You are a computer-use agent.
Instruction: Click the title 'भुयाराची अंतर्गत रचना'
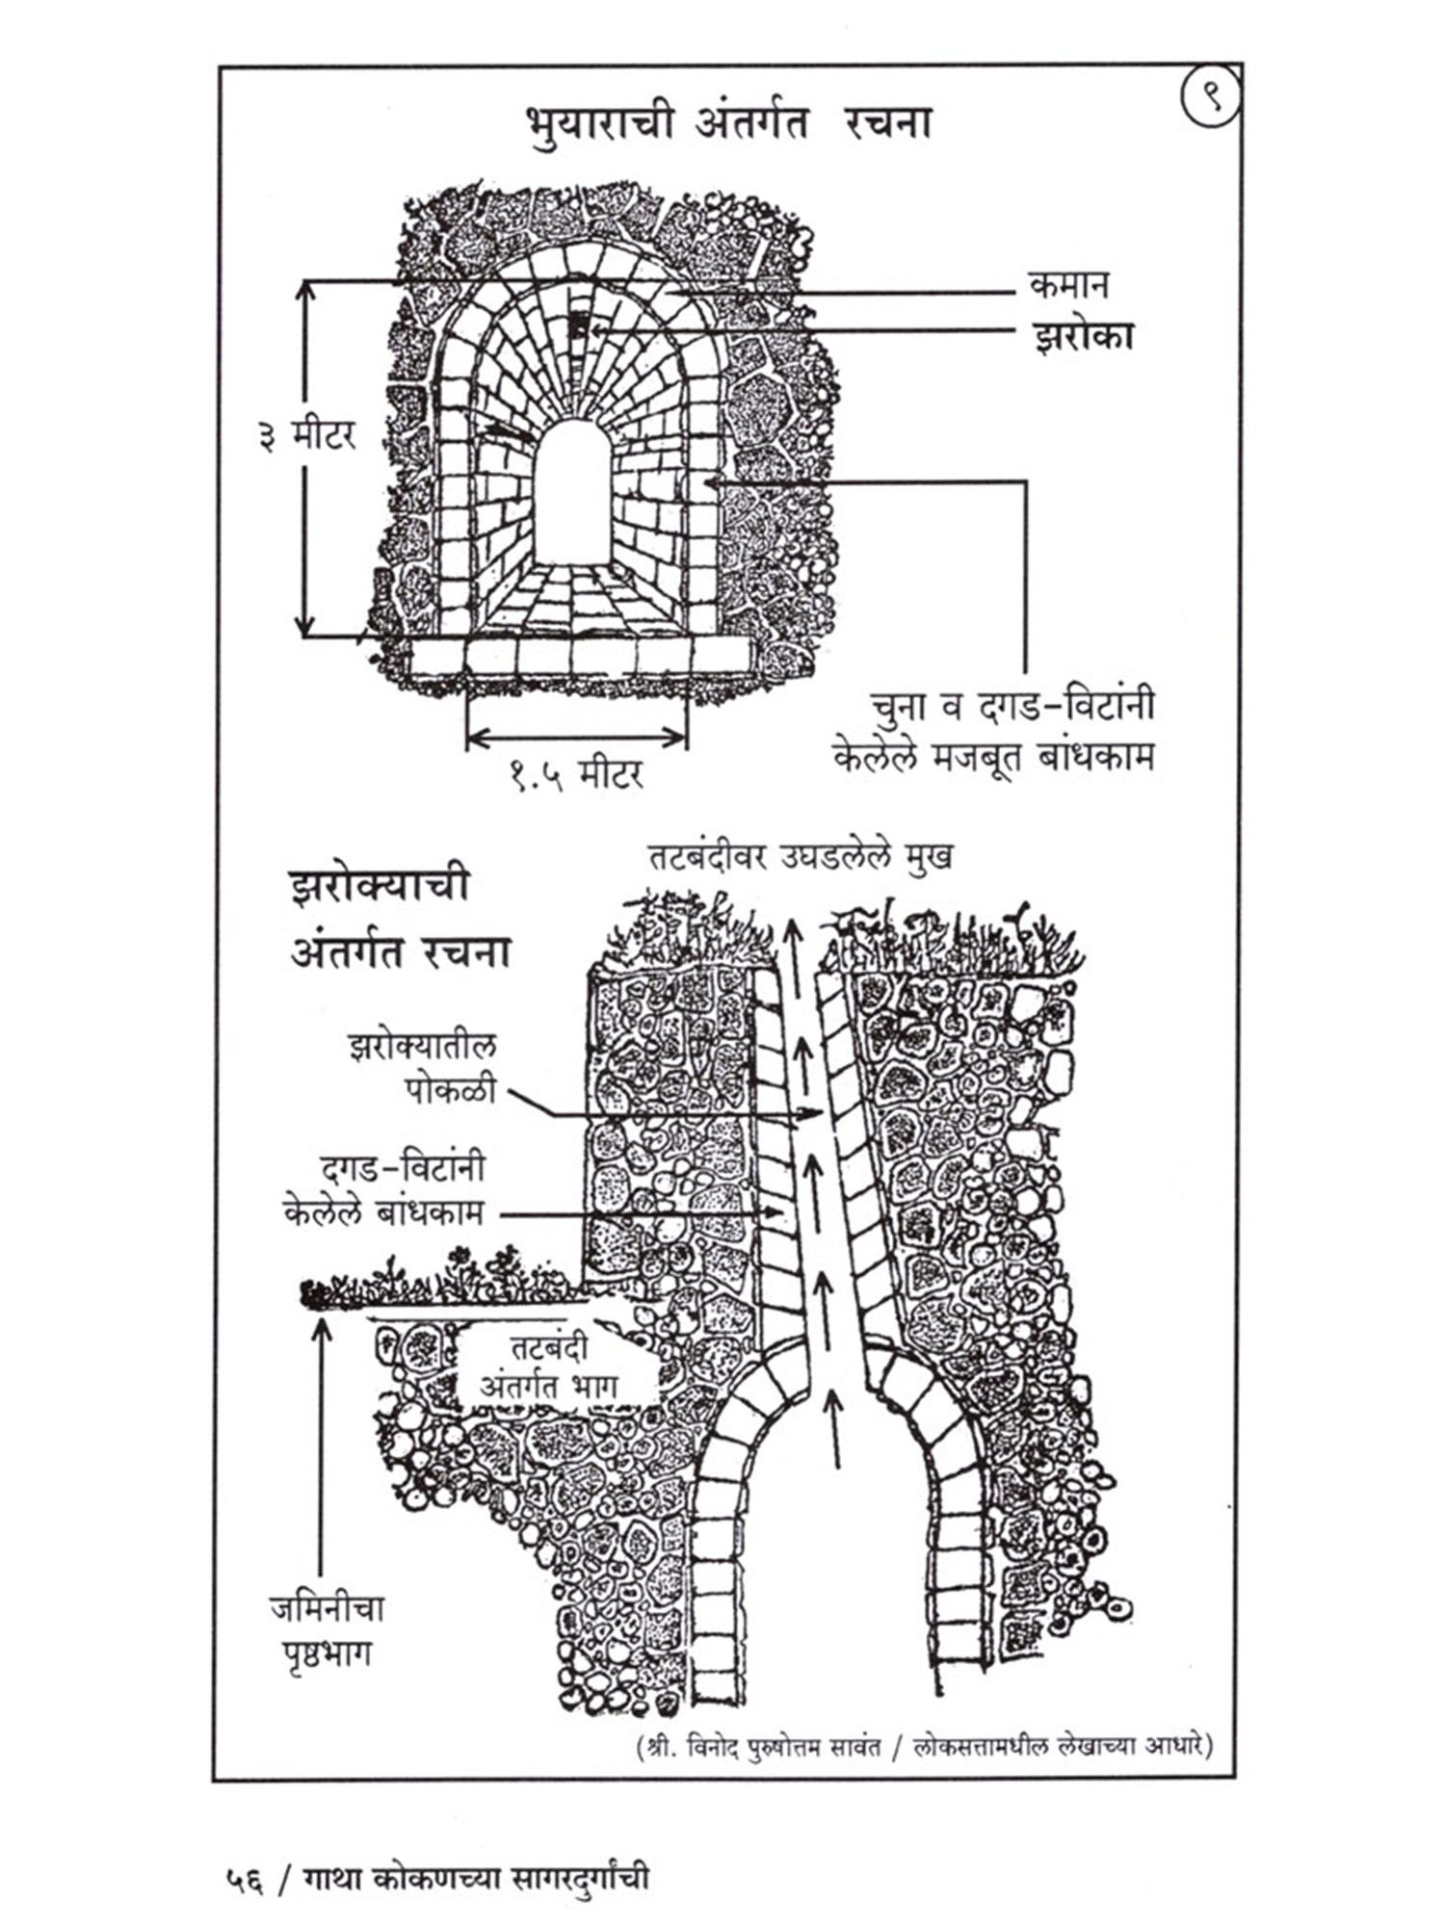[x=728, y=125]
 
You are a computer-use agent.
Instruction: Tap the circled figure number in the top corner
[x=1210, y=98]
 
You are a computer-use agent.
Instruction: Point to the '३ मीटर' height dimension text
[x=306, y=436]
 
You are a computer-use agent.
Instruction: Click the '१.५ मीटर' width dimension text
[x=576, y=773]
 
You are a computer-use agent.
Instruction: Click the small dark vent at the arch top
[x=577, y=327]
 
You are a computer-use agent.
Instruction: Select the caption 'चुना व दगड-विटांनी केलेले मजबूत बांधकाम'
[x=995, y=732]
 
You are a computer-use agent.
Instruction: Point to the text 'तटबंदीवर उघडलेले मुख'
[x=800, y=857]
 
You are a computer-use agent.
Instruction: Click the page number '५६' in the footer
[x=244, y=1879]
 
